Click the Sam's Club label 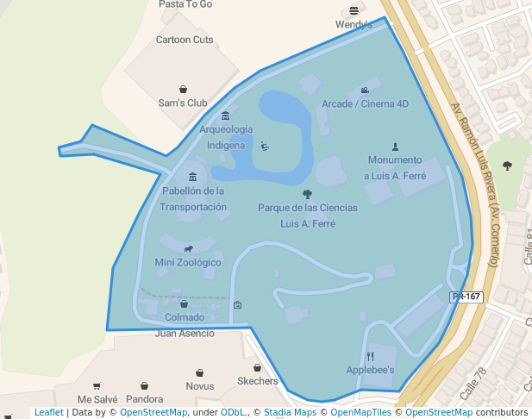(x=183, y=103)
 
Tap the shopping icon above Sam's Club (x=183, y=89)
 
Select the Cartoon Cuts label (x=185, y=41)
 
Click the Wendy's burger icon (x=354, y=10)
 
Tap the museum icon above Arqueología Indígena (x=225, y=116)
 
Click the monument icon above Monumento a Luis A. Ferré (x=395, y=147)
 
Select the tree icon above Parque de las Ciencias (x=307, y=195)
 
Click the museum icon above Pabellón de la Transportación (x=192, y=178)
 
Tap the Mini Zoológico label (x=188, y=262)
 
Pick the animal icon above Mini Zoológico (x=188, y=248)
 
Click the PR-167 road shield (x=466, y=297)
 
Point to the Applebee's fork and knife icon (x=370, y=355)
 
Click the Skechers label (x=258, y=381)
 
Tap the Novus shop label (x=200, y=386)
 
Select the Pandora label (x=144, y=399)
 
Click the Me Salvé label (x=97, y=399)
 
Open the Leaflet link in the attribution (x=48, y=412)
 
